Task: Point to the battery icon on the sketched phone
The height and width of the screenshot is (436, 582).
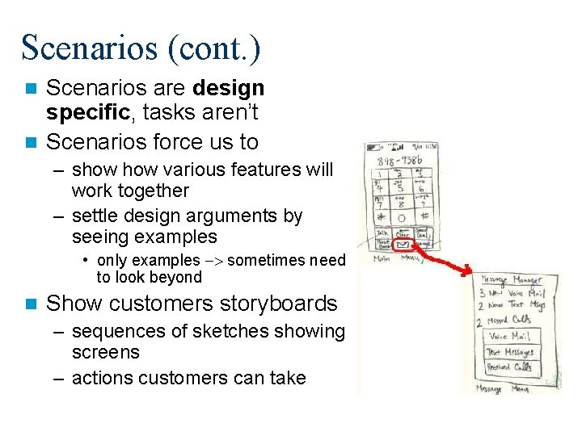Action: (x=396, y=149)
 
